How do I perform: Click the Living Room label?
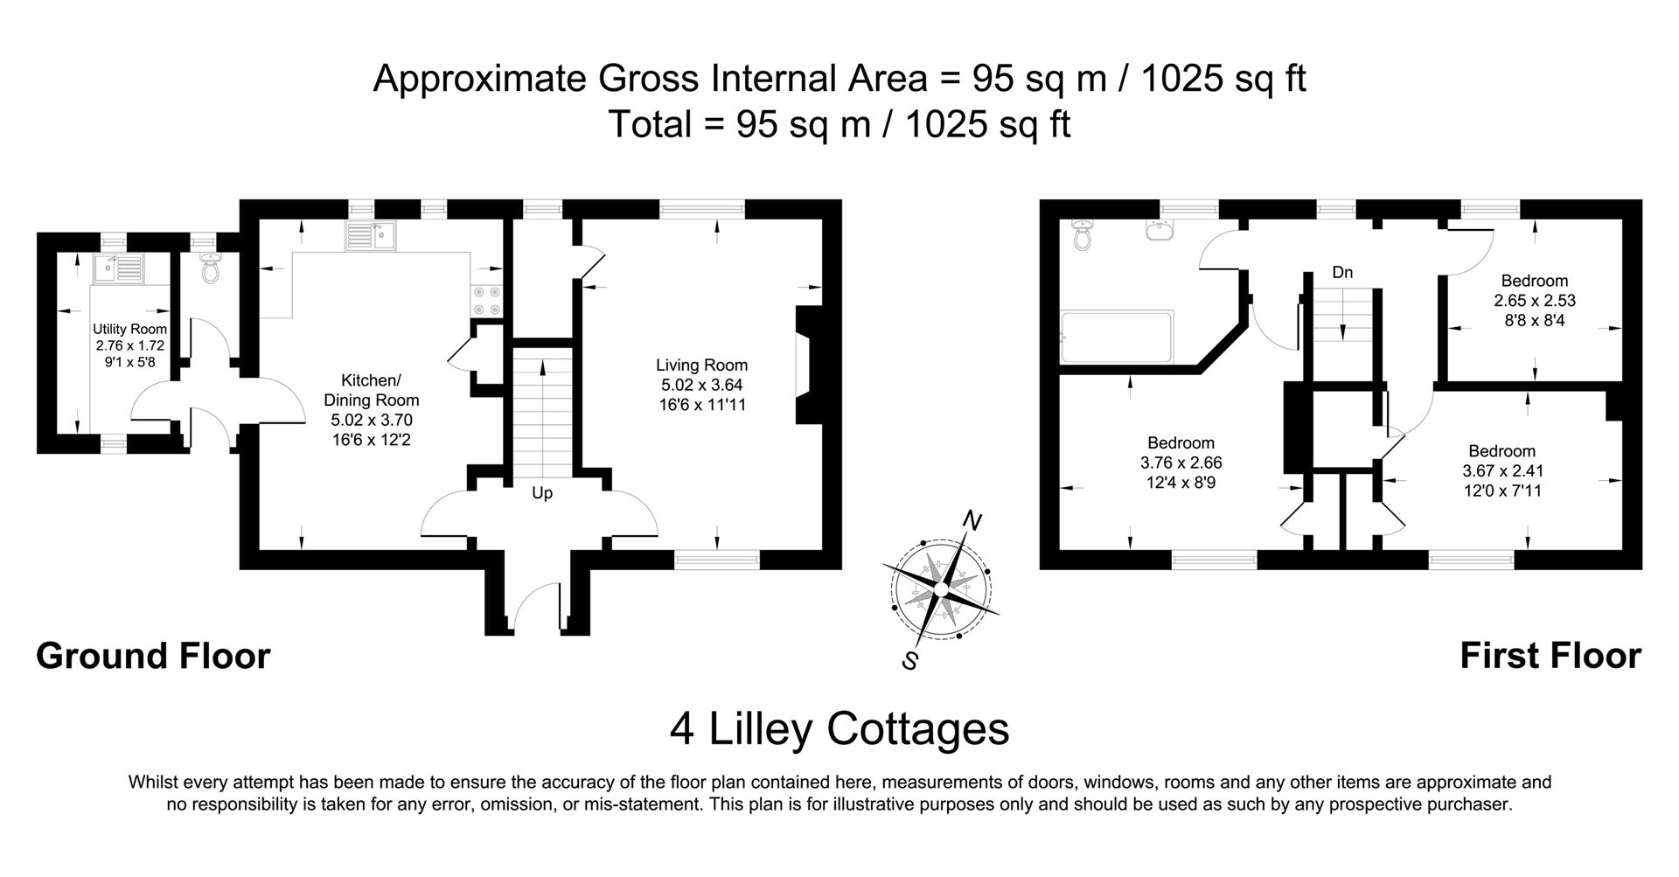coord(702,365)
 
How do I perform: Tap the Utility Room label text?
coord(129,330)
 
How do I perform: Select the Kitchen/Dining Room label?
coord(371,390)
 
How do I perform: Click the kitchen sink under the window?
coord(371,236)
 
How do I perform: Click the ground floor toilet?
coord(210,268)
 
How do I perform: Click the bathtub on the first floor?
coord(1116,337)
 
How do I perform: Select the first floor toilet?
coord(1083,234)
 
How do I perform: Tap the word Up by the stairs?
coord(542,493)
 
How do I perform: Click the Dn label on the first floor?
coord(1342,273)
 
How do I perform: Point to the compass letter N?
coord(971,521)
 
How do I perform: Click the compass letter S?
coord(910,660)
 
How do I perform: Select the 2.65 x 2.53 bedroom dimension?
coord(1534,301)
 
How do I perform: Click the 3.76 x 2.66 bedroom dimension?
coord(1181,463)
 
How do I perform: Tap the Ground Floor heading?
coord(153,656)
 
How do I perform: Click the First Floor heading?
coord(1550,656)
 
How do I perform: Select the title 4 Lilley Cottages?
coord(839,728)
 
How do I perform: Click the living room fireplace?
coord(804,364)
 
